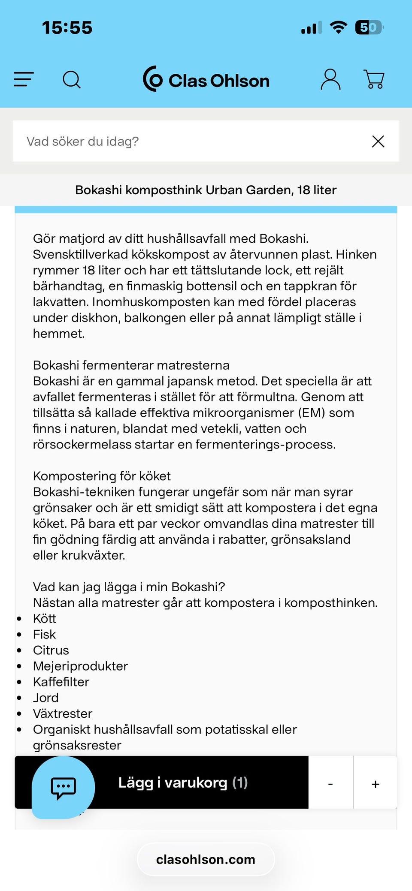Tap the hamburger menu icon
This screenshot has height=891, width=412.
coord(24,79)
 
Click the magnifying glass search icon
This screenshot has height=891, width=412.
coord(72,80)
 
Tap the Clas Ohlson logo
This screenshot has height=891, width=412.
coord(206,80)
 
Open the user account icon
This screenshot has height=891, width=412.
coord(330,79)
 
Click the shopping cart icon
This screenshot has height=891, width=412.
coord(374,79)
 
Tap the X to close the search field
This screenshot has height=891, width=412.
coord(378,141)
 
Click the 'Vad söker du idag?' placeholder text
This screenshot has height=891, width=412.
coord(83,141)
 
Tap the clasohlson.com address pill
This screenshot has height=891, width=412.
coord(206,859)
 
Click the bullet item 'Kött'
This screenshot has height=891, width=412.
coord(45,619)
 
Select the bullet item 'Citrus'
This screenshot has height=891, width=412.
coord(51,650)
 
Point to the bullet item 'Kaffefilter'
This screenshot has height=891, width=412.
coord(61,682)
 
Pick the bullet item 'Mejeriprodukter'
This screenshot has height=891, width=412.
coord(81,666)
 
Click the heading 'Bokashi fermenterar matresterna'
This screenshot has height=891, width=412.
coord(131,365)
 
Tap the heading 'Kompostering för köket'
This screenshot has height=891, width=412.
coord(102,476)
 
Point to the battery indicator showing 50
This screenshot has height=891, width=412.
coord(369,28)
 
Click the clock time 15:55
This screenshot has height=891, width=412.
coord(67,28)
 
